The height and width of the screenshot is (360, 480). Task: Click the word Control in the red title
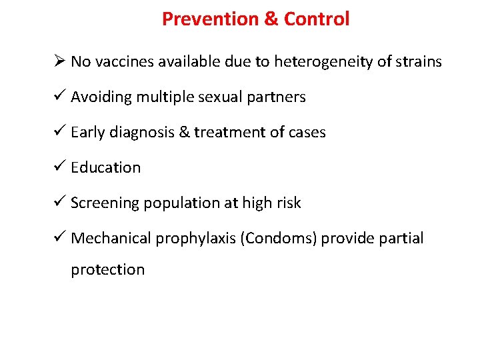317,19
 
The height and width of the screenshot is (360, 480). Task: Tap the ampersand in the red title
271,19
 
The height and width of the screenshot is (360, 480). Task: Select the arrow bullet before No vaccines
59,62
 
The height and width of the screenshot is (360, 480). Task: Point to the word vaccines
124,62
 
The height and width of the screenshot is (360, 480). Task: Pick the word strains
419,62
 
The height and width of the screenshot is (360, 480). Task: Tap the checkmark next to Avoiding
59,97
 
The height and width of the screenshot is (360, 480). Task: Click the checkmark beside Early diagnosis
59,133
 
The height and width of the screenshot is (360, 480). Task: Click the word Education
106,168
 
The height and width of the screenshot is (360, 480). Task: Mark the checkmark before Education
59,168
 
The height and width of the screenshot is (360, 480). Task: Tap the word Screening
103,203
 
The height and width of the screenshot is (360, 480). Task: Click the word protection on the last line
108,270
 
